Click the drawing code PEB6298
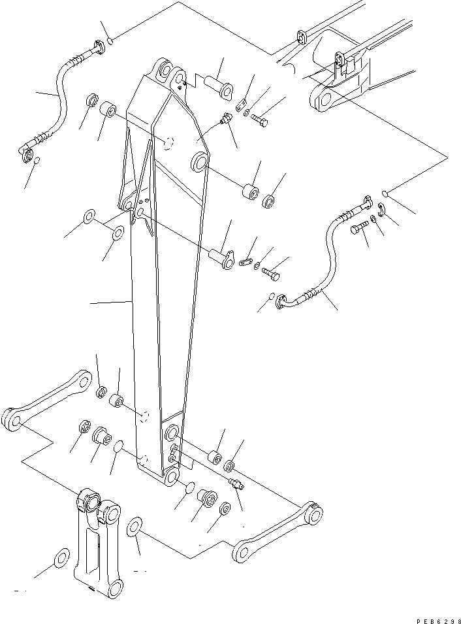pyautogui.click(x=438, y=621)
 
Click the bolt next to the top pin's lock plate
pyautogui.click(x=259, y=120)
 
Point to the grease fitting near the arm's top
pyautogui.click(x=227, y=118)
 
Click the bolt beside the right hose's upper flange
pyautogui.click(x=359, y=228)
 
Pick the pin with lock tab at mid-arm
pyautogui.click(x=223, y=257)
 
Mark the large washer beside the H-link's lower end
pyautogui.click(x=61, y=558)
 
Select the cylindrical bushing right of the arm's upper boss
pyautogui.click(x=251, y=191)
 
